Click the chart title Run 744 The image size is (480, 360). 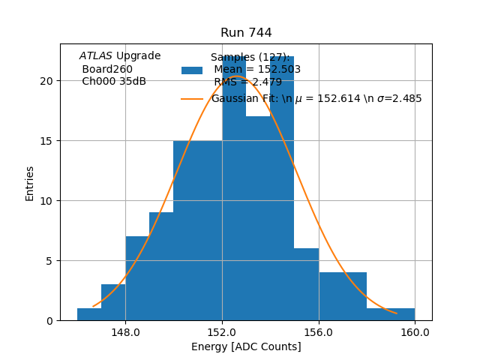click(x=246, y=33)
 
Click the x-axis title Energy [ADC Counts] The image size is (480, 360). click(x=246, y=346)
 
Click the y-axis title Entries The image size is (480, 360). click(x=30, y=183)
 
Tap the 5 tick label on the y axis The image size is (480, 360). click(x=50, y=261)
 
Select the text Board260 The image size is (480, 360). click(x=107, y=70)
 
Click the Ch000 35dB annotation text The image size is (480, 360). click(x=114, y=82)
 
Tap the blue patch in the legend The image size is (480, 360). click(x=192, y=70)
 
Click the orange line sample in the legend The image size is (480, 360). click(x=192, y=99)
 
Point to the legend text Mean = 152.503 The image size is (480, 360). click(x=256, y=70)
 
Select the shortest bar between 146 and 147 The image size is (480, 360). click(x=89, y=314)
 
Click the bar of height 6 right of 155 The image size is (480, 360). click(x=306, y=285)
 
